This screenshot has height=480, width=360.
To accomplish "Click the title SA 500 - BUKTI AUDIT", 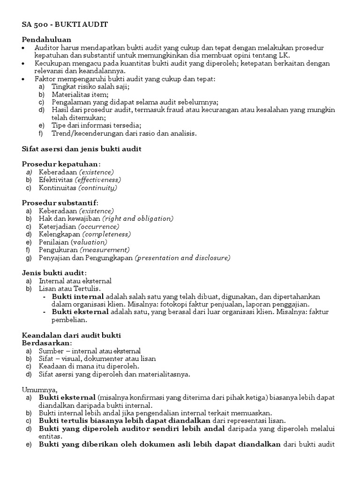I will pyautogui.click(x=65, y=24).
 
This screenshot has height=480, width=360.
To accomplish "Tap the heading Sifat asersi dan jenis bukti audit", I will pyautogui.click(x=82, y=149).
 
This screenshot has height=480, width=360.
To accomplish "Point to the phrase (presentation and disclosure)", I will pyautogui.click(x=182, y=258).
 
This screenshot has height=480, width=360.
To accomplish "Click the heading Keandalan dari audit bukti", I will pyautogui.click(x=71, y=335).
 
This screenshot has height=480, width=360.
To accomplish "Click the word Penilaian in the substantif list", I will pyautogui.click(x=54, y=242).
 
